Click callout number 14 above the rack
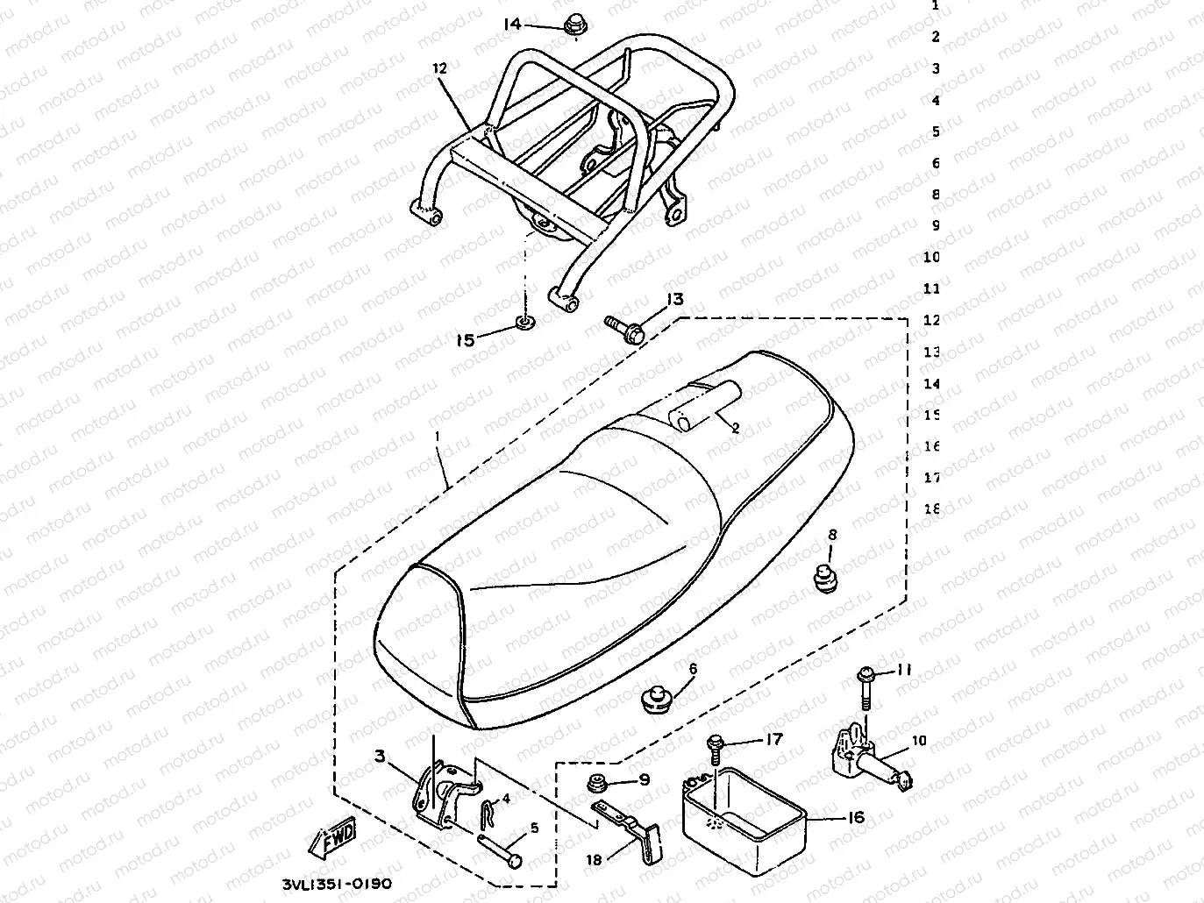(512, 24)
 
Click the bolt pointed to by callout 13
(625, 329)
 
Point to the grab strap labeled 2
(702, 407)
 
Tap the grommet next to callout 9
(601, 784)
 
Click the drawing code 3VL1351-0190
(338, 884)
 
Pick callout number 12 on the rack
(439, 68)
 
